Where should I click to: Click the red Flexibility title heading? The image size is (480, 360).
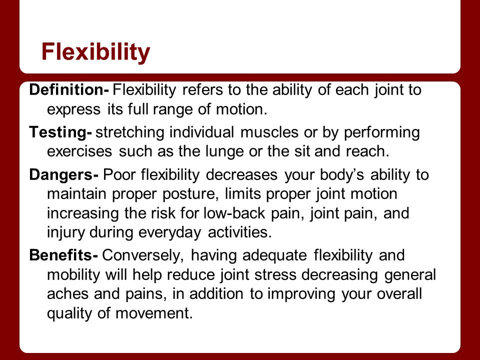coord(96,52)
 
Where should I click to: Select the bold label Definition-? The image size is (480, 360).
coord(69,89)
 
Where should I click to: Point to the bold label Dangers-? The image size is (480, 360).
coord(63,175)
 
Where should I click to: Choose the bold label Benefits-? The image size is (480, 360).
coord(63,255)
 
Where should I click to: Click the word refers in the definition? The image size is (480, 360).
coord(202,89)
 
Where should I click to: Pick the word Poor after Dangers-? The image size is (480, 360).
coord(119,175)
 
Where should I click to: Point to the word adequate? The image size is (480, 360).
coord(274,255)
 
